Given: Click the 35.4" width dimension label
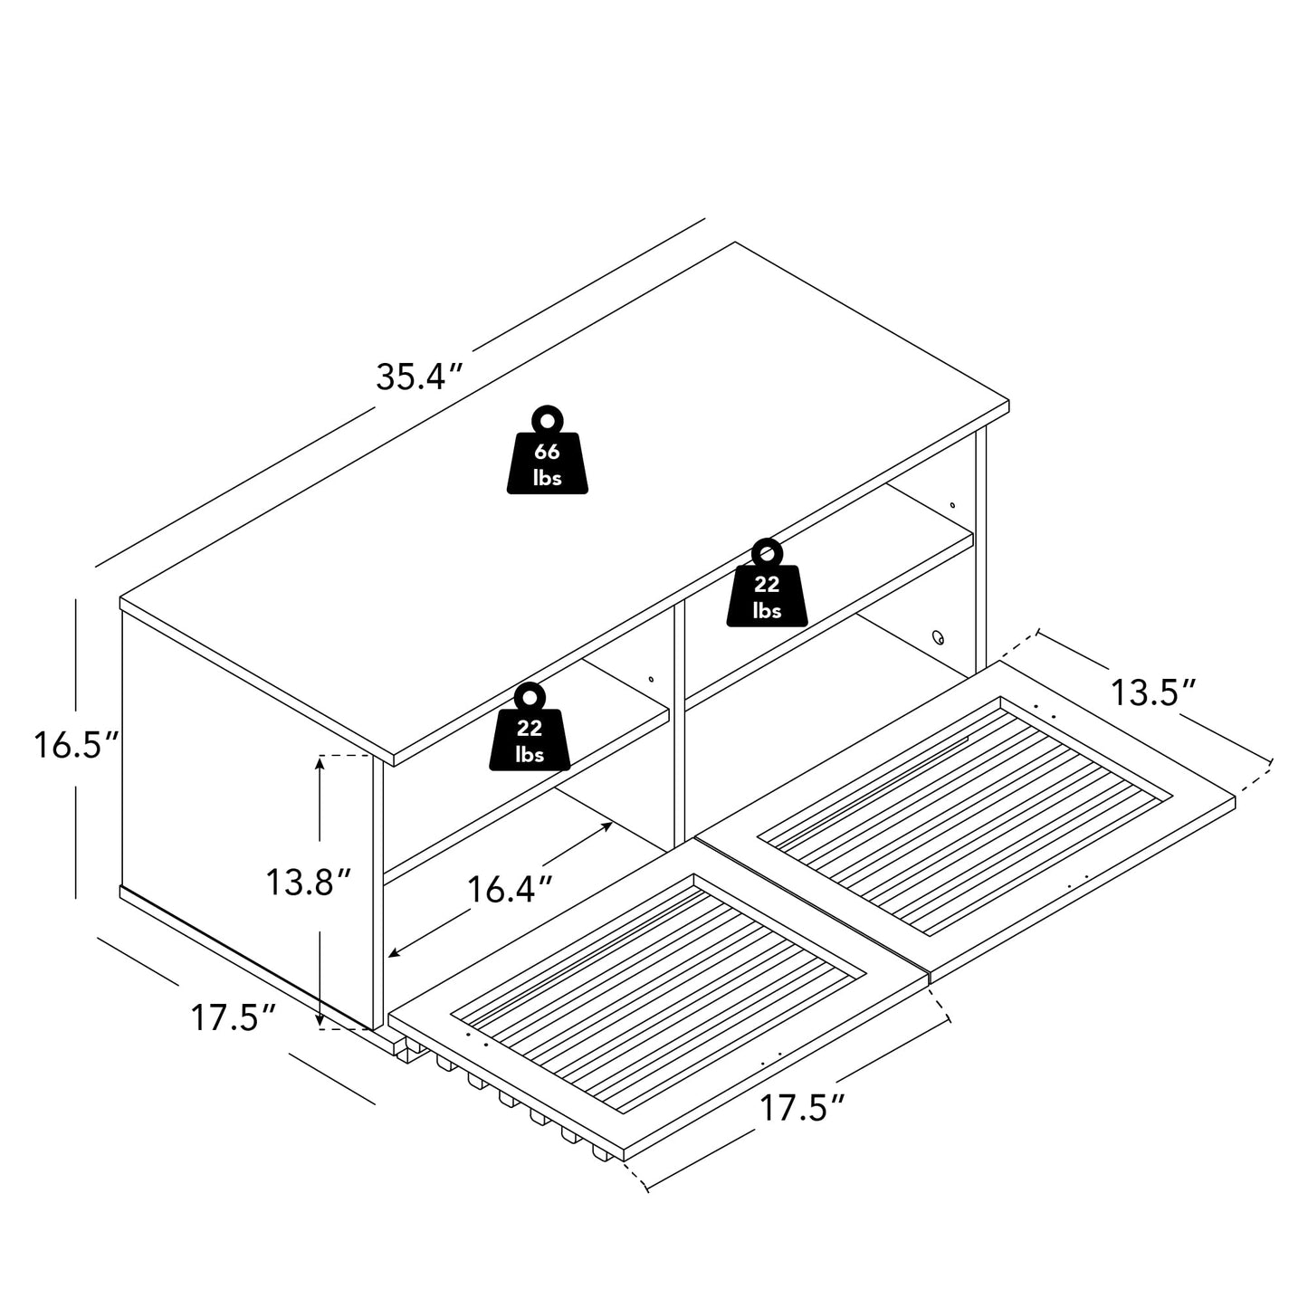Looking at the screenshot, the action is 419,377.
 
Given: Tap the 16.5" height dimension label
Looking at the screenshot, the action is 77,745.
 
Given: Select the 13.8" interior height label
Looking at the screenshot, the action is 308,883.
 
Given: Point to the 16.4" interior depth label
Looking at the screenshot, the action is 510,889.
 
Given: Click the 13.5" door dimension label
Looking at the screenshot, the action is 1152,693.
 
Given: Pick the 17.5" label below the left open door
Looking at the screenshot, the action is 802,1108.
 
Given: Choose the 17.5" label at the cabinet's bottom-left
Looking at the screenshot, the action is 233,1018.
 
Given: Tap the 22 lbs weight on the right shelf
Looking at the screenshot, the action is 767,582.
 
